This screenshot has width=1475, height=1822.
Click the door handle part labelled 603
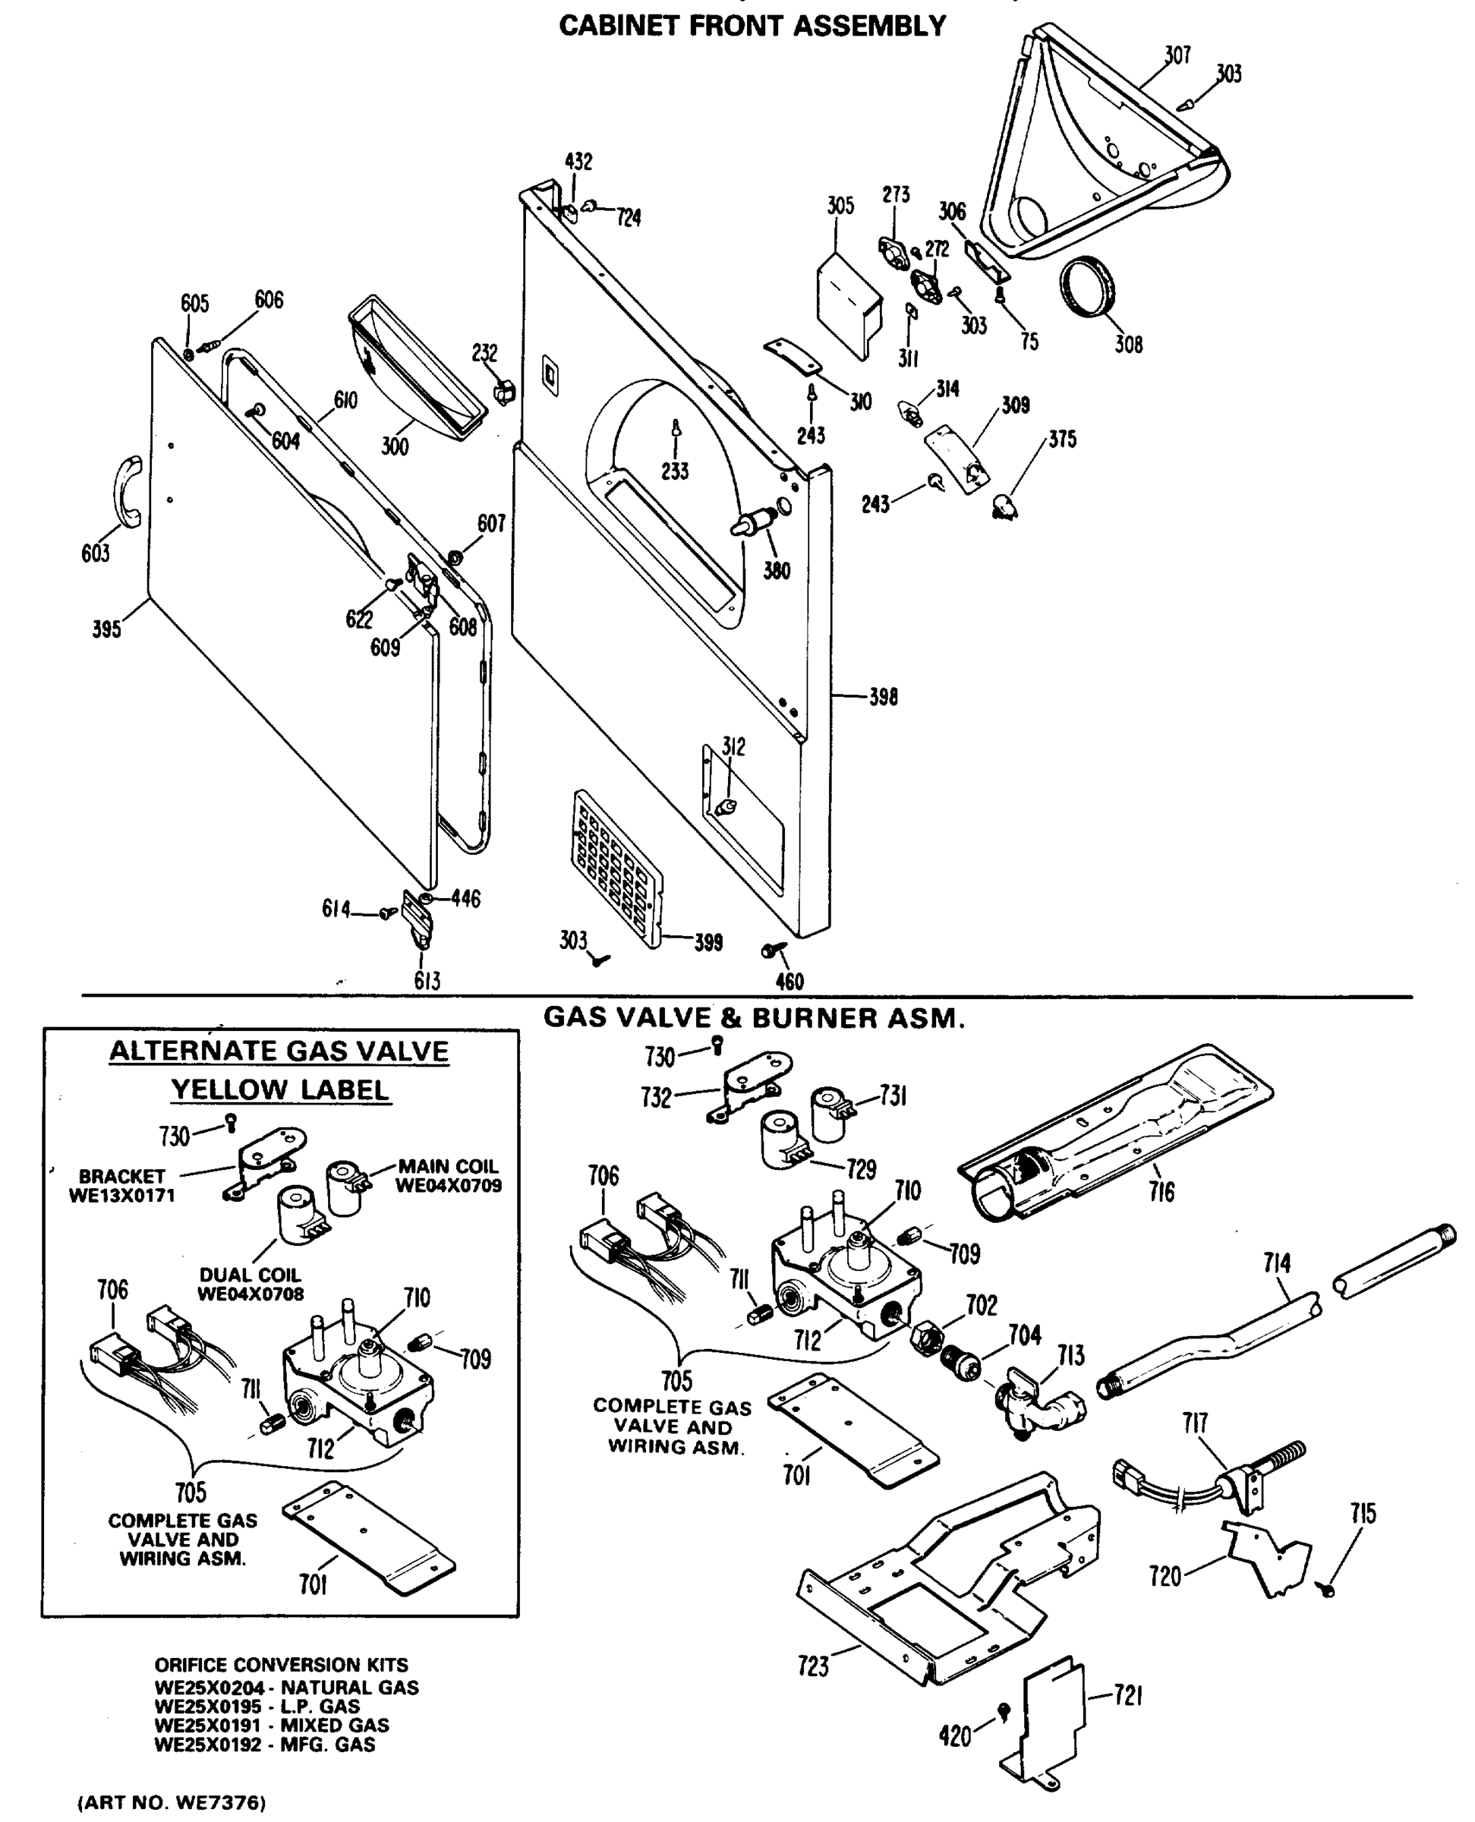(x=127, y=491)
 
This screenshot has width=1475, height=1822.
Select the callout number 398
(x=883, y=697)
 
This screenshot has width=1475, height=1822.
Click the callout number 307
(x=1177, y=55)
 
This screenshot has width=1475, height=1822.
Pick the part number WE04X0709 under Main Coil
(x=448, y=1184)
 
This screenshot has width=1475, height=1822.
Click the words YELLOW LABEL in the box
(x=279, y=1089)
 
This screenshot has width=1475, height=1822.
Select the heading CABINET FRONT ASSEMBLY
(x=752, y=27)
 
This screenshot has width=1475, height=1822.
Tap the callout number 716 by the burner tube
(x=1161, y=1191)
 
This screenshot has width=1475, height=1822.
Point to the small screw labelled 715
(x=1327, y=1587)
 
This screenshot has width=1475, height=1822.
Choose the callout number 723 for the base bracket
(x=813, y=1666)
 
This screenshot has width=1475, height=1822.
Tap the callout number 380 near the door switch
(x=776, y=571)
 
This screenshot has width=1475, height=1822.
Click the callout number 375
(x=1062, y=440)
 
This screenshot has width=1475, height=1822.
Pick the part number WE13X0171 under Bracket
(x=121, y=1195)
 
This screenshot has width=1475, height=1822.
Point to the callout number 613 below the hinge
(x=427, y=981)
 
